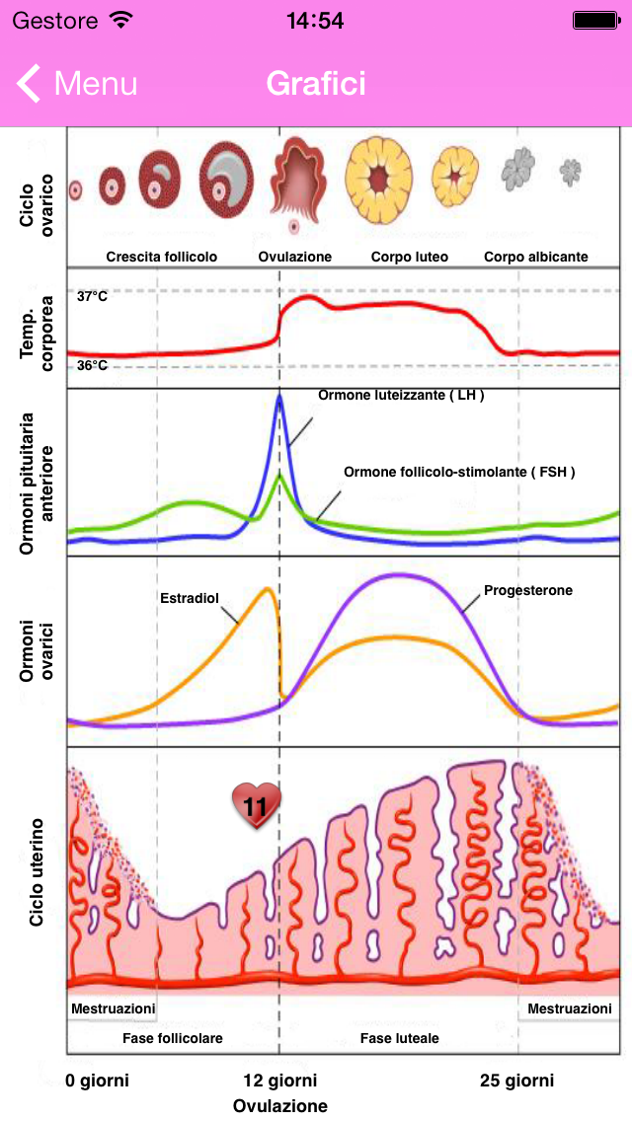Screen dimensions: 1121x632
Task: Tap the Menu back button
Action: point(77,84)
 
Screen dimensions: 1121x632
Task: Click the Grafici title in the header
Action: point(316,84)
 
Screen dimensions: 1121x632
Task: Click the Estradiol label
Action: point(189,598)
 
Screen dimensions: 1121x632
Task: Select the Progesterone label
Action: point(528,591)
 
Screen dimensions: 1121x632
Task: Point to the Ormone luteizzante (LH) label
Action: point(401,395)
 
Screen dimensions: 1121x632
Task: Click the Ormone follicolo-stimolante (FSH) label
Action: point(459,472)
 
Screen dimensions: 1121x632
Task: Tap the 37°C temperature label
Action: point(92,295)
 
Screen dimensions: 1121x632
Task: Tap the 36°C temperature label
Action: point(92,365)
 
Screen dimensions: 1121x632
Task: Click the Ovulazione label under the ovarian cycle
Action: point(295,257)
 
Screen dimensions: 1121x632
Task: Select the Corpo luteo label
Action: point(410,257)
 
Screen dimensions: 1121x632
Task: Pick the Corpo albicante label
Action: point(535,257)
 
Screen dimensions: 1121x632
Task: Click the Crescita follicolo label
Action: point(162,257)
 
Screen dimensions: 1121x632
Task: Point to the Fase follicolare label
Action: point(173,1038)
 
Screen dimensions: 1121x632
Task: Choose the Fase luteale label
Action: point(400,1038)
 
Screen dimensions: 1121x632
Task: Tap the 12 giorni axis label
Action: point(280,1081)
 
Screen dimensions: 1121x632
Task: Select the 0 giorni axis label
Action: point(98,1081)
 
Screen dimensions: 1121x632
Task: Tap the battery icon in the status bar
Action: point(596,21)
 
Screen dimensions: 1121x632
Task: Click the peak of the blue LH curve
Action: point(279,397)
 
